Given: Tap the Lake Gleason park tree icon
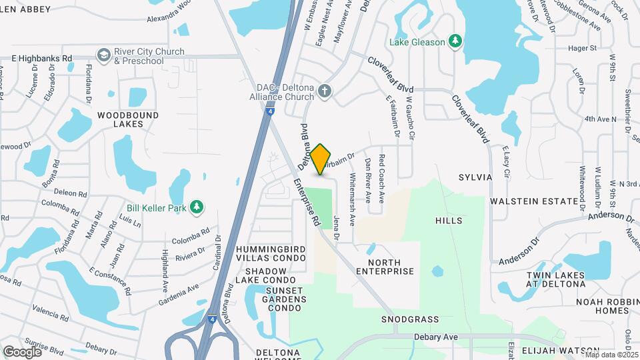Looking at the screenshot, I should coord(455,41).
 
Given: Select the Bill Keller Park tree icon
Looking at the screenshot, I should coord(196,207).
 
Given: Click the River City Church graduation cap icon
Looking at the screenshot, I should coord(103,55).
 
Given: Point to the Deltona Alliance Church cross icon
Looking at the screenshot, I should coord(325,91).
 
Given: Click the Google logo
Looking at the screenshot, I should coord(22,351).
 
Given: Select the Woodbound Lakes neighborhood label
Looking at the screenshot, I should coord(128,119).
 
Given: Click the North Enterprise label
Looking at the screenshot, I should coord(385,266).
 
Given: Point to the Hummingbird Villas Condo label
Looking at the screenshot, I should coord(271,253).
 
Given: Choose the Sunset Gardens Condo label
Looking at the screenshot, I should coord(285,299).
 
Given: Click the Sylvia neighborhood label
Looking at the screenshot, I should coord(475,177).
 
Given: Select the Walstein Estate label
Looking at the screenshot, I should coord(534,201).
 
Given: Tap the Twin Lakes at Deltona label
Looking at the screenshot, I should coord(555,279).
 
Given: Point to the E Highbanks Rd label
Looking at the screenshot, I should coord(41,59).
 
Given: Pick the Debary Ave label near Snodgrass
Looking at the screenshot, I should coord(437,337).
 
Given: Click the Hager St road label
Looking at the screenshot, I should coord(582,48).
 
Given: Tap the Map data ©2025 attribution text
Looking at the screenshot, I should coord(609,355).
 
